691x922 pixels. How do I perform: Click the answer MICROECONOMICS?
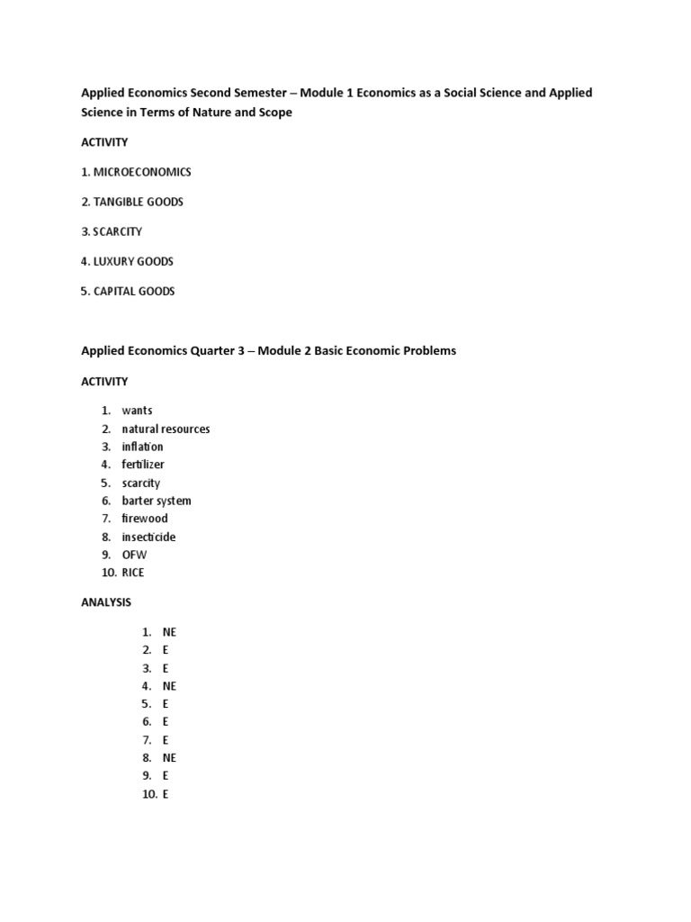(142, 172)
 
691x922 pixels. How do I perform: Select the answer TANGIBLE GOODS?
(138, 202)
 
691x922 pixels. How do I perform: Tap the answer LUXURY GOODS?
(133, 261)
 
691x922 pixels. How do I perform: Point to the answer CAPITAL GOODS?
(134, 292)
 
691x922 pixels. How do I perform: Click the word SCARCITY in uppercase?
(118, 231)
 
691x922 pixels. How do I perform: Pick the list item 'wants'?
(138, 411)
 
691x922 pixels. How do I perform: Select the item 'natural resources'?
(166, 429)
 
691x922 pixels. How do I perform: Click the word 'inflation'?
(143, 447)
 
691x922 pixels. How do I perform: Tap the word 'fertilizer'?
(144, 465)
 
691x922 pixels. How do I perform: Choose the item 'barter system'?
(157, 501)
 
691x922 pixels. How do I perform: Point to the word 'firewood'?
(145, 519)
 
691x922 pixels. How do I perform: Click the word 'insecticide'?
(149, 537)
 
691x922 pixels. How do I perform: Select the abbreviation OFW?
(134, 555)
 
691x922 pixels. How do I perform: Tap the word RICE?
(133, 573)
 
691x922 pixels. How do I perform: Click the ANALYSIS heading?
(106, 601)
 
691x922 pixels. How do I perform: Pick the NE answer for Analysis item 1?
(169, 632)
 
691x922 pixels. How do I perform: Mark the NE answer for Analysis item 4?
(169, 686)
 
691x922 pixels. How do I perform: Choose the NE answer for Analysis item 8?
(169, 758)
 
